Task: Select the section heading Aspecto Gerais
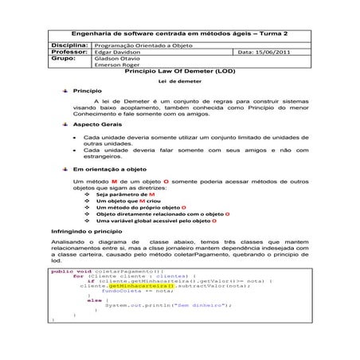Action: [x=99, y=126]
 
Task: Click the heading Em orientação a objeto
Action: [x=110, y=170]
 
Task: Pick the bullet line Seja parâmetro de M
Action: [x=125, y=194]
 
